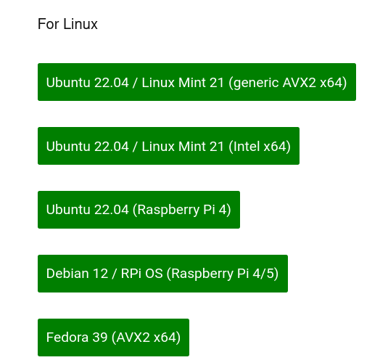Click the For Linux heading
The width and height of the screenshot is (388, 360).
click(x=67, y=24)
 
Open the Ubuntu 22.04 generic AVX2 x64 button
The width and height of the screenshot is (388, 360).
click(x=197, y=82)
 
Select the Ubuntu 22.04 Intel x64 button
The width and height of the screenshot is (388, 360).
click(x=168, y=146)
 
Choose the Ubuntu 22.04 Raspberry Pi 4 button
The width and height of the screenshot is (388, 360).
click(x=139, y=210)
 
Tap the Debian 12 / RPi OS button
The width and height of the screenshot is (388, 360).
click(x=162, y=274)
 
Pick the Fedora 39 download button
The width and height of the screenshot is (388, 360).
click(x=113, y=337)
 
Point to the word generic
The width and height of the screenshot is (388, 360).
click(x=256, y=83)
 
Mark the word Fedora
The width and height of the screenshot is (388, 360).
click(x=67, y=337)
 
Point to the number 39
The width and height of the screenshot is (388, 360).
click(x=100, y=337)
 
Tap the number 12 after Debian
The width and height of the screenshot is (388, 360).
click(x=101, y=274)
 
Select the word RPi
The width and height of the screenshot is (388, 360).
click(x=131, y=274)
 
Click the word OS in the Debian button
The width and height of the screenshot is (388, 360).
click(x=154, y=274)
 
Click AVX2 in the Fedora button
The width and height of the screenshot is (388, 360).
click(x=133, y=337)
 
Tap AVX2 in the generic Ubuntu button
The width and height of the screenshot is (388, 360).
click(x=300, y=82)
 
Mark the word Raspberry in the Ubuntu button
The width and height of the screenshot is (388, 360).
click(x=168, y=210)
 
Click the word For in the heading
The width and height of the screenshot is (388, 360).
click(x=49, y=24)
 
